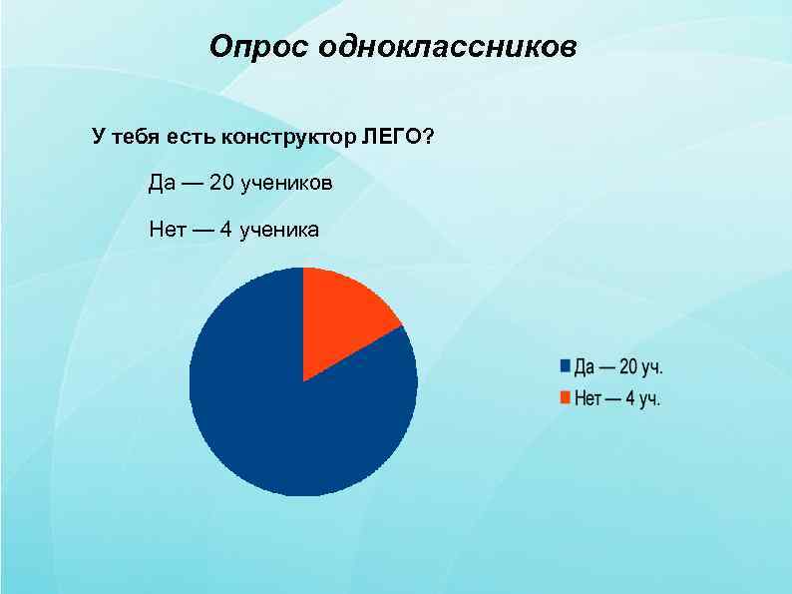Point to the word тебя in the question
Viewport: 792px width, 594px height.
(x=134, y=136)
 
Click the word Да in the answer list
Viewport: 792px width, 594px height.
(x=162, y=184)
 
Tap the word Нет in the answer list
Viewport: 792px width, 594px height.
(x=167, y=231)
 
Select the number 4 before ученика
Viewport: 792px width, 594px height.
(x=226, y=231)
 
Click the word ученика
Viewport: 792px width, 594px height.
(x=280, y=231)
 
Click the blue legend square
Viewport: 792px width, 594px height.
(x=564, y=366)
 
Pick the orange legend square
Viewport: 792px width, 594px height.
(x=564, y=398)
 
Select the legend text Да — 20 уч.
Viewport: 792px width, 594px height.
(x=618, y=366)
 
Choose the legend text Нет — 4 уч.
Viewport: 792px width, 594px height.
(x=618, y=398)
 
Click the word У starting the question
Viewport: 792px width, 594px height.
(x=98, y=136)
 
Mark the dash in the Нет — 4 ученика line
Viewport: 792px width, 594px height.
(x=201, y=231)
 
